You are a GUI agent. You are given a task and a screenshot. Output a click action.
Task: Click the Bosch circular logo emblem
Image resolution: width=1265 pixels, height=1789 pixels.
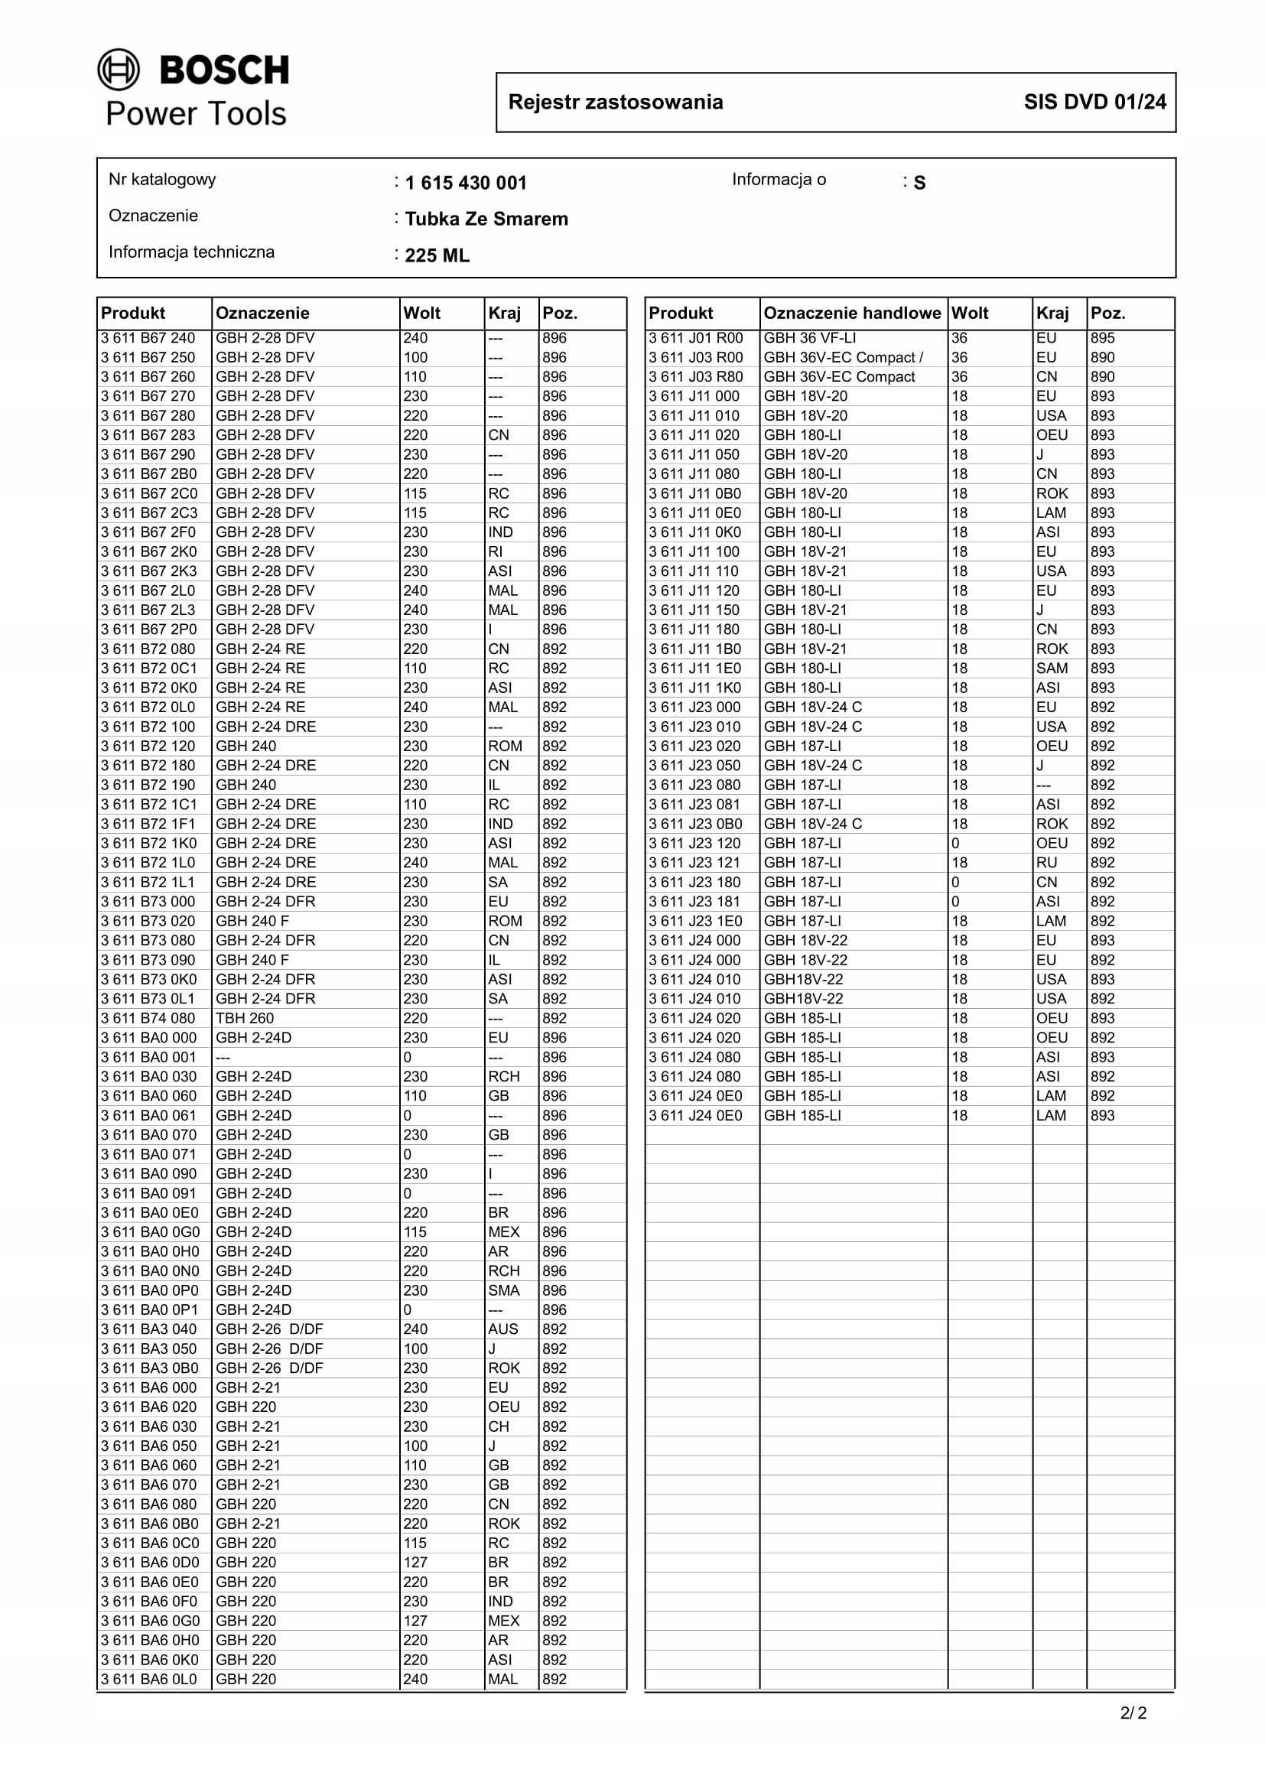click(x=119, y=70)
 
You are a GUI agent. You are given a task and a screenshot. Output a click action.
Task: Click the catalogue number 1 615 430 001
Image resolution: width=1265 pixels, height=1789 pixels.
click(x=466, y=183)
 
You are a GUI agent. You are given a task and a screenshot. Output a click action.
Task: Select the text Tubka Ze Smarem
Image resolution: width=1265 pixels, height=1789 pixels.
click(x=486, y=219)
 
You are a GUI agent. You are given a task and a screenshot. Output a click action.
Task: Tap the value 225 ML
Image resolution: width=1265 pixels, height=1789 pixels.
click(x=437, y=255)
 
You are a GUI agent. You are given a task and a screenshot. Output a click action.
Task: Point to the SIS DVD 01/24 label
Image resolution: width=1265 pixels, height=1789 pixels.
click(x=1094, y=102)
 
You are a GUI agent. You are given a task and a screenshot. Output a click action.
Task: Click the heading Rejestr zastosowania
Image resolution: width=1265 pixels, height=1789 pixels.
click(x=616, y=102)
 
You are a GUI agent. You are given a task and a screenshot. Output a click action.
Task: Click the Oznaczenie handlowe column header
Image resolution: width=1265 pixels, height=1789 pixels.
click(x=851, y=314)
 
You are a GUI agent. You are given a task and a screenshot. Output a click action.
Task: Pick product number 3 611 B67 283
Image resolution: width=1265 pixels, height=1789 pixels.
click(x=148, y=434)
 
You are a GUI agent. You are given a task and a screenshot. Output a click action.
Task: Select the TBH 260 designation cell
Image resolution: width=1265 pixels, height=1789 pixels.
click(x=245, y=1017)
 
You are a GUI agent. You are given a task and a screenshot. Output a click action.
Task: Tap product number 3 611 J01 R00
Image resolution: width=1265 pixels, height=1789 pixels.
click(x=695, y=338)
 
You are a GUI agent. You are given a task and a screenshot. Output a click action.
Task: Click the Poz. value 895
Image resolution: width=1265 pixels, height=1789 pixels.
click(x=1102, y=338)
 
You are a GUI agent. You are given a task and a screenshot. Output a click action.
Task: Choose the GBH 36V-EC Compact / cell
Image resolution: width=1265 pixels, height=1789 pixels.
click(x=843, y=358)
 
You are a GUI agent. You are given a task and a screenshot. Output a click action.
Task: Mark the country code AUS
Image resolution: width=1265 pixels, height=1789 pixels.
click(x=503, y=1329)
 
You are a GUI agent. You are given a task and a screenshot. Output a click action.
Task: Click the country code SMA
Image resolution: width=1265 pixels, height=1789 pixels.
click(x=503, y=1290)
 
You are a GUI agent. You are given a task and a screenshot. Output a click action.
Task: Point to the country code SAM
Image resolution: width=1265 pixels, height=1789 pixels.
click(x=1052, y=668)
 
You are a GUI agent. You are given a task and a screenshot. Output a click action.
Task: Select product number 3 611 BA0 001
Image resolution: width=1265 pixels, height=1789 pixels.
click(x=148, y=1057)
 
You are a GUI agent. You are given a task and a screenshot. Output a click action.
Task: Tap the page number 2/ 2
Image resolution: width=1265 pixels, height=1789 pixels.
click(x=1133, y=1713)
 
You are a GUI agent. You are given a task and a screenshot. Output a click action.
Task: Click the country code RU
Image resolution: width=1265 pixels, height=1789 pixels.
click(x=1046, y=863)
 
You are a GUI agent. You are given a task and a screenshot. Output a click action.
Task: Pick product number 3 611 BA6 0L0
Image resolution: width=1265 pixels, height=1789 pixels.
click(x=149, y=1679)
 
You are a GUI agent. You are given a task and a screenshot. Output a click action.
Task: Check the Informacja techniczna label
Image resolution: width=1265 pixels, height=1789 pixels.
click(x=192, y=252)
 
